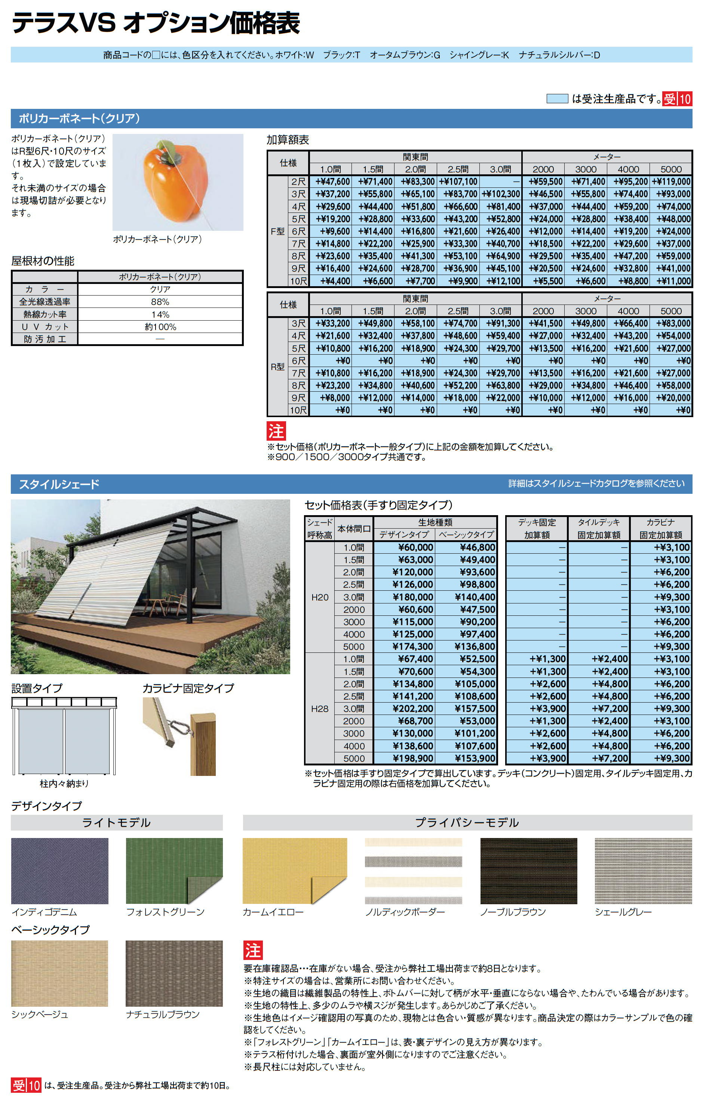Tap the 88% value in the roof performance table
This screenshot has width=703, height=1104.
pos(160,302)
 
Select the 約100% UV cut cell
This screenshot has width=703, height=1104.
pos(160,327)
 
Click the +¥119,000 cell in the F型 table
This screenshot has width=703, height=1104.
pos(671,181)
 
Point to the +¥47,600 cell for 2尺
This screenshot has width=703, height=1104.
pos(332,181)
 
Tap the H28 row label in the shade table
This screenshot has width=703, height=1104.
pos(319,708)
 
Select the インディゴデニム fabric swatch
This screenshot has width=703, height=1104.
pos(59,871)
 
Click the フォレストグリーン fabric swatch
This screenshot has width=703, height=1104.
pos(174,871)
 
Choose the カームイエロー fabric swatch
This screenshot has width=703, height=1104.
pos(294,871)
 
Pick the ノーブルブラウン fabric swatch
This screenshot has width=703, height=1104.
pos(528,871)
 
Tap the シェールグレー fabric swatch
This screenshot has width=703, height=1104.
pos(643,871)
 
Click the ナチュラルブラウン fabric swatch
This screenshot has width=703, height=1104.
pos(174,973)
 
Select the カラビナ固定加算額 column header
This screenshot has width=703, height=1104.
pos(660,529)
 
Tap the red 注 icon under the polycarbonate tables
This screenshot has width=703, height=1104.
pos(276,431)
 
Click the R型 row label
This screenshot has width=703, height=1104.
pos(278,367)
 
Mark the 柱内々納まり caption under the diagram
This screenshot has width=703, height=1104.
pos(64,783)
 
